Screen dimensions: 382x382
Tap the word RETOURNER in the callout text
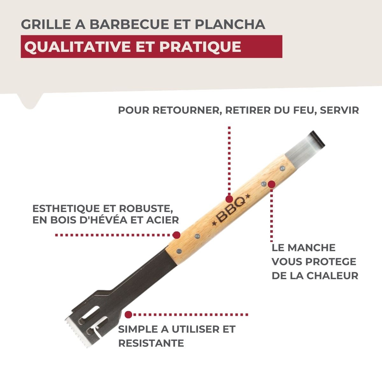click(187, 110)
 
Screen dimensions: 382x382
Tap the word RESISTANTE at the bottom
click(151, 343)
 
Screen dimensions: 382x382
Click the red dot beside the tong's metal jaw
click(128, 315)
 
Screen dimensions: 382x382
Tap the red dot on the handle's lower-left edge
click(176, 235)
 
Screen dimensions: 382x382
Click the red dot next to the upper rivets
click(272, 184)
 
